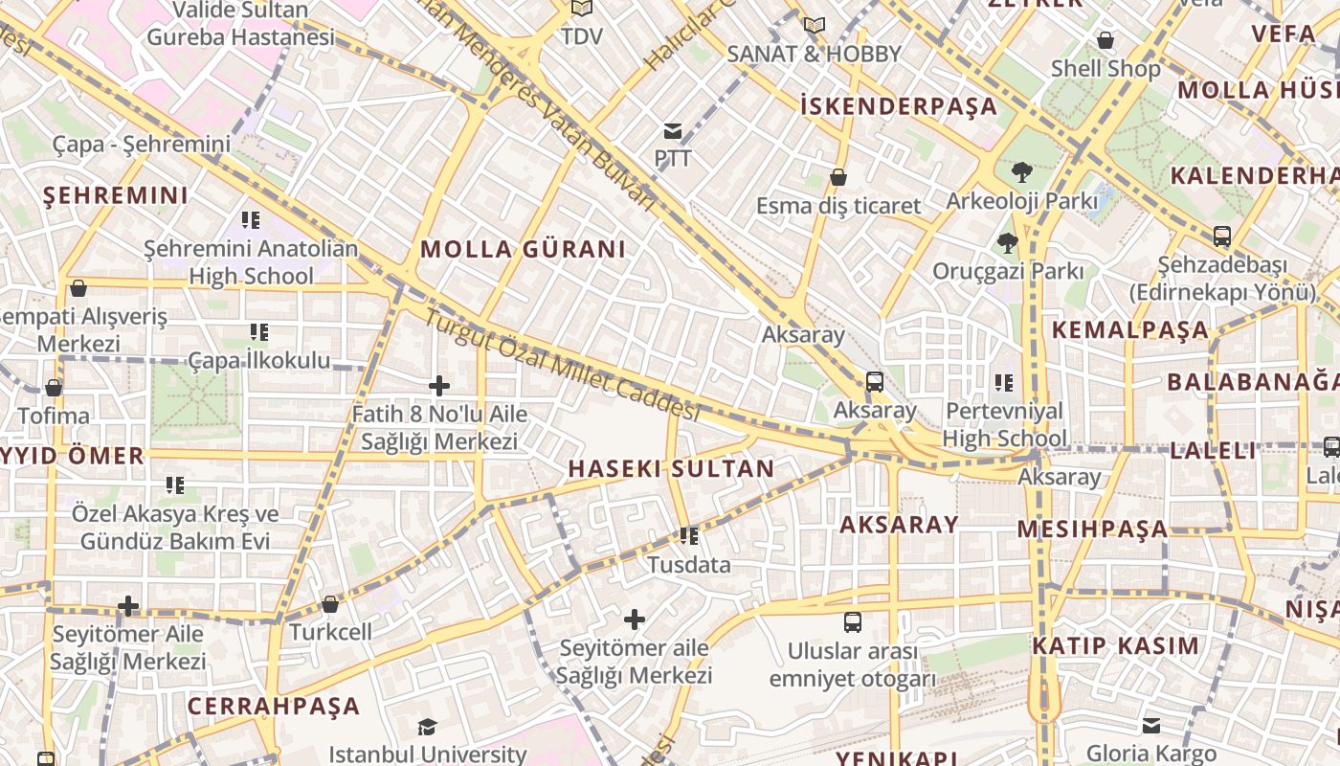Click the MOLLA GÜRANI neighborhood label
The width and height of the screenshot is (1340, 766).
pyautogui.click(x=523, y=249)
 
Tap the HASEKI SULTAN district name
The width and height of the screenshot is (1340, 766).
pyautogui.click(x=670, y=468)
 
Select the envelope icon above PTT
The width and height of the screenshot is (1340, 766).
pyautogui.click(x=673, y=130)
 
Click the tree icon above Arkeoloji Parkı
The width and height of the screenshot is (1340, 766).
pyautogui.click(x=1021, y=172)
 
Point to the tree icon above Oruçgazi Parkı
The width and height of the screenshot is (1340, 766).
pyautogui.click(x=1007, y=243)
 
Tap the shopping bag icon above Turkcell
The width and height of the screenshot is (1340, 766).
pyautogui.click(x=330, y=604)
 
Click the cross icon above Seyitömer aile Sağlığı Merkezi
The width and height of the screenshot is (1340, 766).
pyautogui.click(x=634, y=620)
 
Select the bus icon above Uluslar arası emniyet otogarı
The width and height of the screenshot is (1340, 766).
pyautogui.click(x=852, y=622)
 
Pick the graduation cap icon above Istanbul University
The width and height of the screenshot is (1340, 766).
pyautogui.click(x=427, y=728)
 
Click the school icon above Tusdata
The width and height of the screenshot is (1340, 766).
pyautogui.click(x=688, y=536)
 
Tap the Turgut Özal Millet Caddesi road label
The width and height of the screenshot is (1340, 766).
pyautogui.click(x=563, y=365)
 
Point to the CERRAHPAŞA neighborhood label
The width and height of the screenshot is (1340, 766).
pyautogui.click(x=274, y=707)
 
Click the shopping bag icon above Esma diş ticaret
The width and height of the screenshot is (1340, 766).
pyautogui.click(x=838, y=177)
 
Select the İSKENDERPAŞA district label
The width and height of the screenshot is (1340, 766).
pyautogui.click(x=899, y=105)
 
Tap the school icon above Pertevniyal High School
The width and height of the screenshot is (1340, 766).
pyautogui.click(x=1003, y=383)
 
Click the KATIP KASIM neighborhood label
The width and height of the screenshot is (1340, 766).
pyautogui.click(x=1115, y=645)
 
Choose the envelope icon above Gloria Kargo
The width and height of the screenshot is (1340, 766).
pyautogui.click(x=1150, y=726)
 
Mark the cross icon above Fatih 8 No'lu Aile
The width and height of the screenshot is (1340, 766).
pyautogui.click(x=439, y=386)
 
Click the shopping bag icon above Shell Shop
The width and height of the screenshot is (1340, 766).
pyautogui.click(x=1105, y=40)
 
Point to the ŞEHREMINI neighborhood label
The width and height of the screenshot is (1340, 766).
pyautogui.click(x=116, y=195)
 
